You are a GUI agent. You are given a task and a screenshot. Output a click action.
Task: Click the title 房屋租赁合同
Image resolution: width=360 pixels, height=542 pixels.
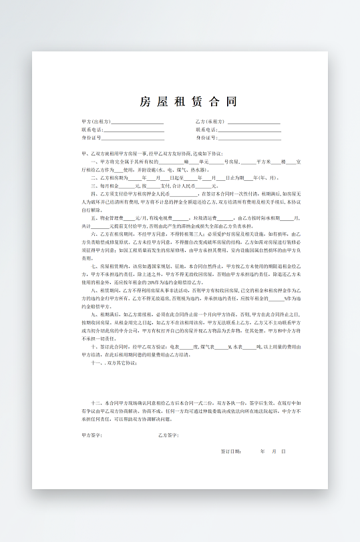(x=188, y=101)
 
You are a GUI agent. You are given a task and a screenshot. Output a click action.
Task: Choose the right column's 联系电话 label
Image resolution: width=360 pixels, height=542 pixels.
(x=206, y=129)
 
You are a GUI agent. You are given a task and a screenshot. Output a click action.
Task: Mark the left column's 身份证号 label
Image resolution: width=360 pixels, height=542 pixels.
(x=92, y=138)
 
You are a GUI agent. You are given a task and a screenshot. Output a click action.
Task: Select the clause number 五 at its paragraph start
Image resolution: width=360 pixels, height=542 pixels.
(x=93, y=218)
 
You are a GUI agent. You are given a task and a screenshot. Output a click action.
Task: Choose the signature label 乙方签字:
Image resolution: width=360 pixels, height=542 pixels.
(x=168, y=436)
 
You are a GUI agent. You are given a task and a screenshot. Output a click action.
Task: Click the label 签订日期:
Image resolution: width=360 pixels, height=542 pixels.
(x=231, y=452)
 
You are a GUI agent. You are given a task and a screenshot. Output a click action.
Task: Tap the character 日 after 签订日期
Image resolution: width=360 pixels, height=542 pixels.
(x=283, y=452)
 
